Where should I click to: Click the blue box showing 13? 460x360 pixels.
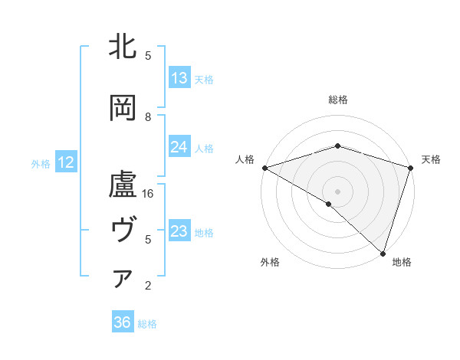pyautogui.click(x=179, y=77)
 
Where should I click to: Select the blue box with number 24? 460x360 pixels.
pyautogui.click(x=179, y=147)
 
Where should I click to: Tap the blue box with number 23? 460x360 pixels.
pyautogui.click(x=179, y=231)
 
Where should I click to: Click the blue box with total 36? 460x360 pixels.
pyautogui.click(x=123, y=322)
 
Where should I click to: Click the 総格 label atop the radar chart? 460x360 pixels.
pyautogui.click(x=337, y=100)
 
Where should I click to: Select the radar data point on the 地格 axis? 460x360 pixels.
pyautogui.click(x=383, y=253)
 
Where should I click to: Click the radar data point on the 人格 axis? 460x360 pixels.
pyautogui.click(x=264, y=168)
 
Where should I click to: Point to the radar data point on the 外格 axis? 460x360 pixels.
pyautogui.click(x=329, y=204)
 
